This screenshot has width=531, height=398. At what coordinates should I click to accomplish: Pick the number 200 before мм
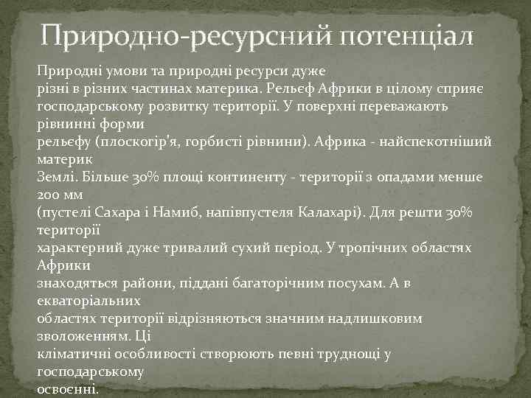47,196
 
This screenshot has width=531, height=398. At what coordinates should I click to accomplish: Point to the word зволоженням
81,337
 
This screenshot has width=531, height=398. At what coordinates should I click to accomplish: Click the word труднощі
346,355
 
